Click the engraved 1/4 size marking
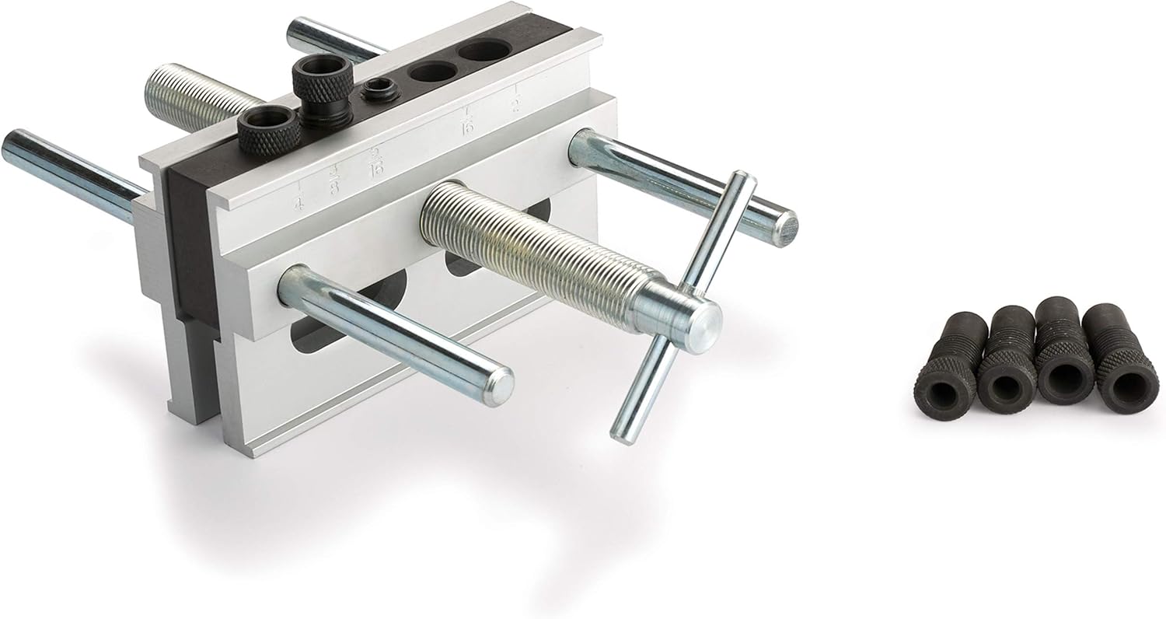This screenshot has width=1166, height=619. (x=298, y=197)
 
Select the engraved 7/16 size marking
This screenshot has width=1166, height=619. (x=468, y=122)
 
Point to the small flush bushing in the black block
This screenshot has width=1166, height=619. (x=381, y=89)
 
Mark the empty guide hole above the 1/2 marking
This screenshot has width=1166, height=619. (x=484, y=51)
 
